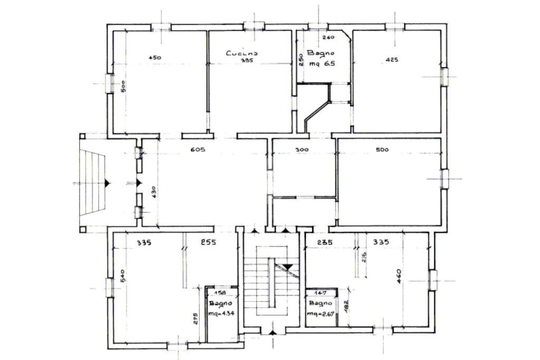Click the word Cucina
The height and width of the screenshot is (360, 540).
242,53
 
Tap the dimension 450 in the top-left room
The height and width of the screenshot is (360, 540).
155,57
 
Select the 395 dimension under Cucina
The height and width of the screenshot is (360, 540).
247,61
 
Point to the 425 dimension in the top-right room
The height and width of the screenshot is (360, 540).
392,60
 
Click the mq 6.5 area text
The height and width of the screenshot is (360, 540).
322,64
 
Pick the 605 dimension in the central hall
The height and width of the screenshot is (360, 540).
197,150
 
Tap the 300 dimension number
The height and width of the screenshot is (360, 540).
302,150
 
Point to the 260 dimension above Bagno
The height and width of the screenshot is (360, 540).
329,37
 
